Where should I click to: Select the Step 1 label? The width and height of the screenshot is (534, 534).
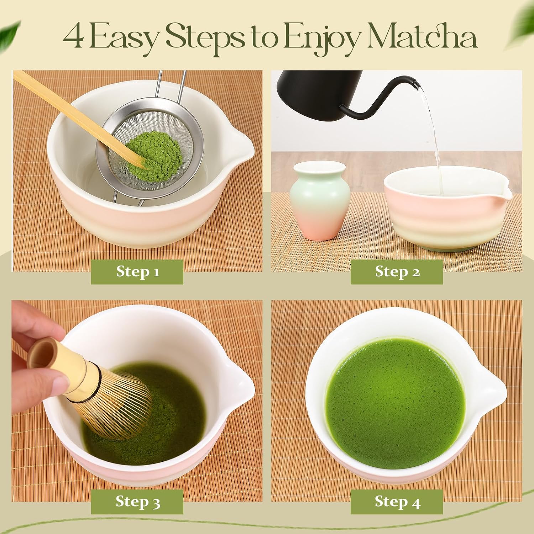click(x=137, y=272)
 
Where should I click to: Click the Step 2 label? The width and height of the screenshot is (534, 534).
click(x=397, y=272)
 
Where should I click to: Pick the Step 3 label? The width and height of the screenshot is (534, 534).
click(x=137, y=502)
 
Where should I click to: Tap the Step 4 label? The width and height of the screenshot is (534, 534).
click(x=397, y=502)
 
